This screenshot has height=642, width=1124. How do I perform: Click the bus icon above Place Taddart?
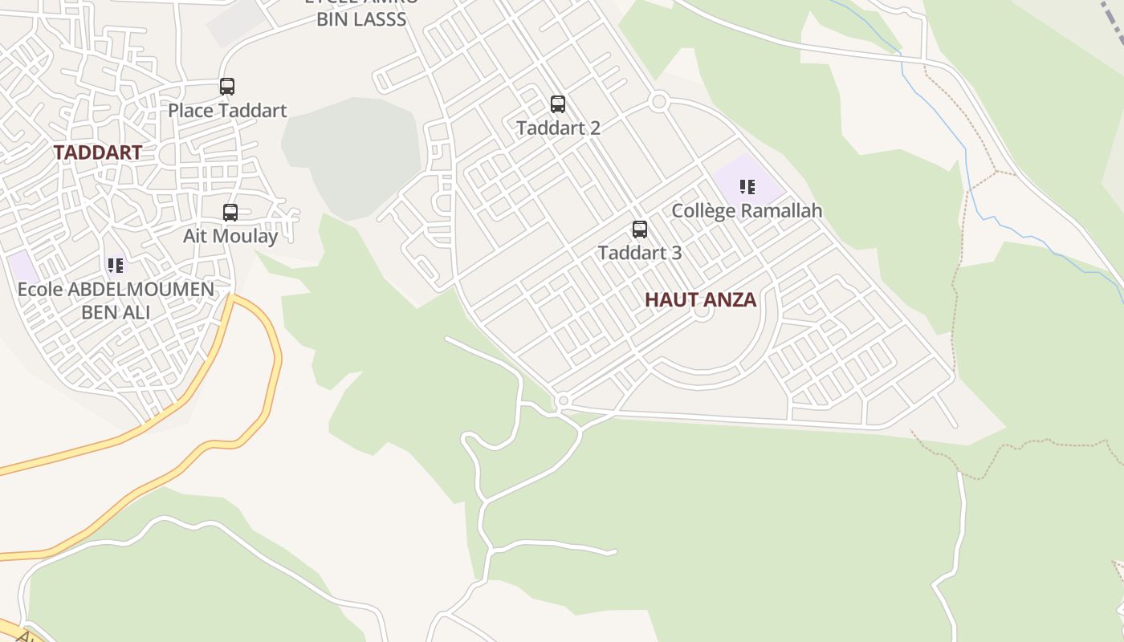(227, 86)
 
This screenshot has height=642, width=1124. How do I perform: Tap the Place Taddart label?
(227, 110)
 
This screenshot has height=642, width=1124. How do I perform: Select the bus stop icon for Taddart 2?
(558, 104)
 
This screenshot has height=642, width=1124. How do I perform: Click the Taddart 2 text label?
(558, 128)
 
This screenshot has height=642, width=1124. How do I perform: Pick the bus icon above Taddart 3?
(640, 230)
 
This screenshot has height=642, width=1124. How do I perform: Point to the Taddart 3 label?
(640, 253)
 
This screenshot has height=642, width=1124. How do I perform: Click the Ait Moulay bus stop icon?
(230, 212)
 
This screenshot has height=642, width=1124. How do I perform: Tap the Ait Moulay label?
(230, 236)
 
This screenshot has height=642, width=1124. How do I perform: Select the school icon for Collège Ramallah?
(747, 187)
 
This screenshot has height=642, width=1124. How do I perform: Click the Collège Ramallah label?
(747, 211)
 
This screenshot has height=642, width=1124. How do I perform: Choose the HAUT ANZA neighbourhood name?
(700, 300)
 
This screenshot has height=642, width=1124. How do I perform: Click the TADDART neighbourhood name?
(98, 152)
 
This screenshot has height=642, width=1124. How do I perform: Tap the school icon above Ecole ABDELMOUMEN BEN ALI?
(116, 265)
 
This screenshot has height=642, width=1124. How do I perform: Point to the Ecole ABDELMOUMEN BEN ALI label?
(116, 300)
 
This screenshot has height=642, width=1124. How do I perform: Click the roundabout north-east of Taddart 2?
(659, 101)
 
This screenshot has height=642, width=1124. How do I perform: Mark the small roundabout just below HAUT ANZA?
(702, 311)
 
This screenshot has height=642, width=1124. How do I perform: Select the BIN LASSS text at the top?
(361, 19)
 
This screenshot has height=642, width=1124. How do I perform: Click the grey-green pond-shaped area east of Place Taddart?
(353, 152)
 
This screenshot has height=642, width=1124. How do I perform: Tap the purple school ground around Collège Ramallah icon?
(767, 181)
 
